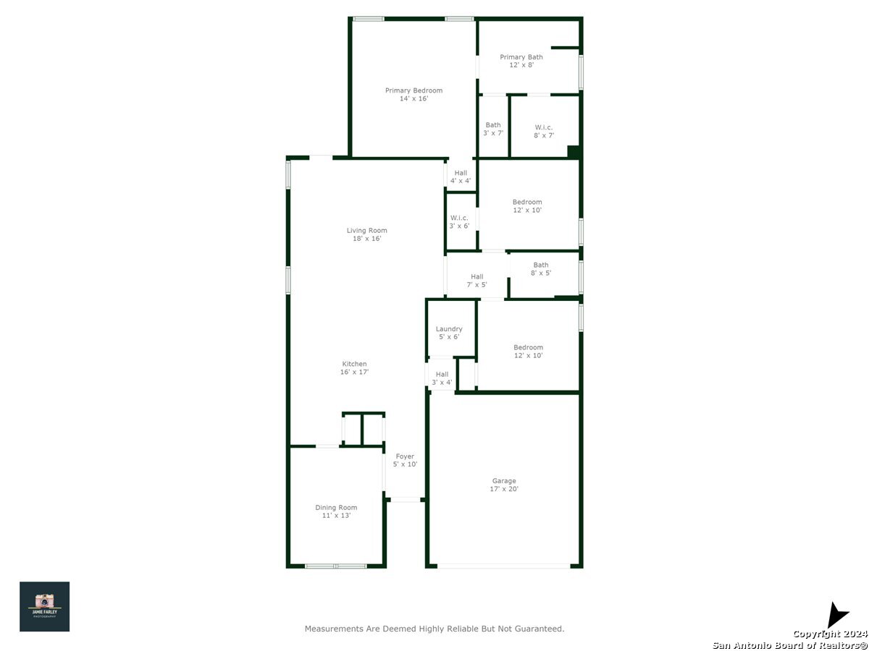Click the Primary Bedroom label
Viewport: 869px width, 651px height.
click(x=413, y=94)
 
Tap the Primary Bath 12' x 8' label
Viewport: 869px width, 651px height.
click(x=521, y=61)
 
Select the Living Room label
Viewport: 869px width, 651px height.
click(x=366, y=234)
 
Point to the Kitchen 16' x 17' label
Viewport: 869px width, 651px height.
click(x=354, y=367)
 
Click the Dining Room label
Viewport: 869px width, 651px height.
click(x=336, y=511)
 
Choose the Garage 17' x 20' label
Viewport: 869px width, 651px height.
click(x=503, y=485)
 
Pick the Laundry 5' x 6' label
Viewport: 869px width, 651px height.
click(x=448, y=333)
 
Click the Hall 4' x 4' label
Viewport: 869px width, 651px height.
click(x=460, y=176)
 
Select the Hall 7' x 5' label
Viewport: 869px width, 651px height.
click(x=477, y=281)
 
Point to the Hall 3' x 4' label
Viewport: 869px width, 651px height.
click(x=442, y=378)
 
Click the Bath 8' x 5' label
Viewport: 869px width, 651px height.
click(x=540, y=269)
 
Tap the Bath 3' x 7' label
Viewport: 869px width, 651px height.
click(x=493, y=129)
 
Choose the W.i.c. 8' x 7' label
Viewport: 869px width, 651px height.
click(x=543, y=131)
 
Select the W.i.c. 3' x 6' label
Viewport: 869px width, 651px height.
click(x=459, y=222)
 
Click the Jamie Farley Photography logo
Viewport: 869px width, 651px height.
click(x=44, y=606)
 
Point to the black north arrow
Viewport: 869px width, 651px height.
click(x=836, y=616)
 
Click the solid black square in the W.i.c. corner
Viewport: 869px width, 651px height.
click(x=574, y=152)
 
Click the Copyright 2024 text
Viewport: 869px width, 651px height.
click(x=829, y=633)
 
